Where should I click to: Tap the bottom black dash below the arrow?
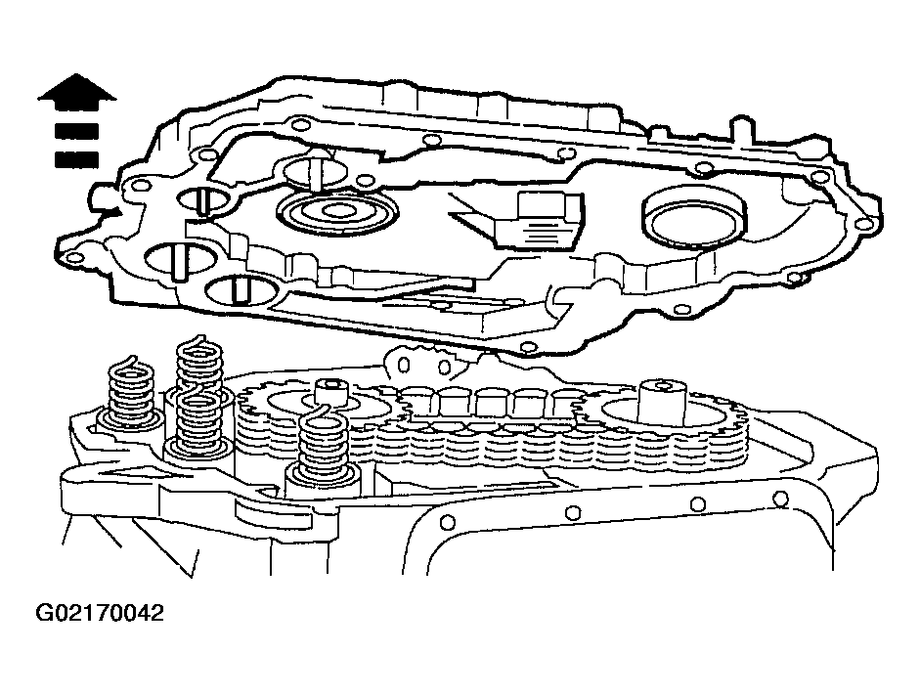76,159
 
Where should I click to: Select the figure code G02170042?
99,614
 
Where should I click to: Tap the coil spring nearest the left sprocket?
322,446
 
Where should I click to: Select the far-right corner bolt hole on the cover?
860,224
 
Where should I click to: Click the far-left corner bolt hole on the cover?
73,258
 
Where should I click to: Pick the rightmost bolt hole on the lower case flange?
780,500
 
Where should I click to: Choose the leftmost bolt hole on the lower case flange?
447,521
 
